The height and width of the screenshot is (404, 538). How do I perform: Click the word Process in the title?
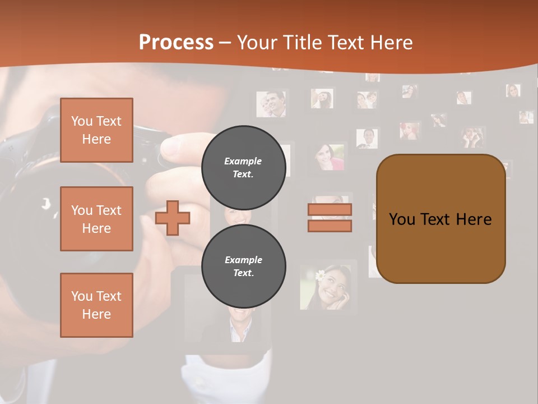tap(176, 43)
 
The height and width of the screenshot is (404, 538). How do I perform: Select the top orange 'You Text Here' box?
tap(96, 130)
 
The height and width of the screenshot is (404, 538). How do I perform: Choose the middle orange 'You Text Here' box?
tap(96, 219)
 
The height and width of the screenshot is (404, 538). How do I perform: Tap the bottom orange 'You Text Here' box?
tap(96, 305)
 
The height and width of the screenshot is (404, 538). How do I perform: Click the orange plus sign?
tap(173, 218)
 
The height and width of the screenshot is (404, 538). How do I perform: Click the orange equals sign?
tap(330, 218)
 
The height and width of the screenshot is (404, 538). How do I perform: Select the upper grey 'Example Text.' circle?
tap(243, 167)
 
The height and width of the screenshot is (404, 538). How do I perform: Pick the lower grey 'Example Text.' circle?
tap(243, 266)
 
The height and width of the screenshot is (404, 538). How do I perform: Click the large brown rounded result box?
tap(440, 219)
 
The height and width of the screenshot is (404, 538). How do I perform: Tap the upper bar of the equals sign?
tap(330, 210)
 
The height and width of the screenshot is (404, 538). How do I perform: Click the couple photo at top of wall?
tap(271, 104)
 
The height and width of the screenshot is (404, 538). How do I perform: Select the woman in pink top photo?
tap(329, 157)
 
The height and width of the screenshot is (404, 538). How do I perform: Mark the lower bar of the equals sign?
tap(330, 226)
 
